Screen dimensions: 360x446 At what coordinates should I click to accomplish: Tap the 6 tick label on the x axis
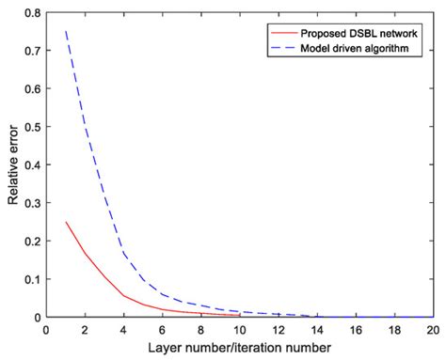162,330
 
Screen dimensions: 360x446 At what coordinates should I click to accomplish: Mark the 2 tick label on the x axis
85,330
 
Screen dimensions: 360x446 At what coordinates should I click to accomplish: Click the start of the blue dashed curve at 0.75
65,32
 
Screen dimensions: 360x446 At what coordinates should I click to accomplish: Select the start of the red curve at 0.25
65,222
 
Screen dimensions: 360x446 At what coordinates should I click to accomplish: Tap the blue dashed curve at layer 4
123,252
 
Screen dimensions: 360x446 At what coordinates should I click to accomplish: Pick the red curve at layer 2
85,254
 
